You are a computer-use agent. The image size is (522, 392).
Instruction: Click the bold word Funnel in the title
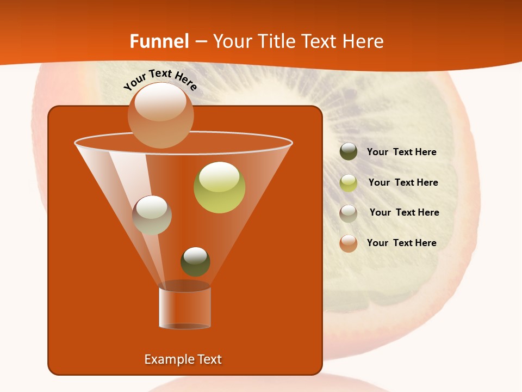click(159, 41)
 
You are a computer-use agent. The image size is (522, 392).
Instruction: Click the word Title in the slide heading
click(275, 41)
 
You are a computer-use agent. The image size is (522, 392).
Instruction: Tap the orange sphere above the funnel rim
click(160, 115)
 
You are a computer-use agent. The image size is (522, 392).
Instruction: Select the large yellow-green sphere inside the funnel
click(219, 187)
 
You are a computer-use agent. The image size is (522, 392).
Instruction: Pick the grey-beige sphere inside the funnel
click(152, 215)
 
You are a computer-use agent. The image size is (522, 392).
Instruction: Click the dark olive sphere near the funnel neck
click(195, 261)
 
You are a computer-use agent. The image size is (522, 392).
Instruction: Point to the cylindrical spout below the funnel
click(184, 308)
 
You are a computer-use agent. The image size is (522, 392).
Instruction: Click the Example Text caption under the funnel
click(183, 359)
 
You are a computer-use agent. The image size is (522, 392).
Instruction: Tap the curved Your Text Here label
click(160, 79)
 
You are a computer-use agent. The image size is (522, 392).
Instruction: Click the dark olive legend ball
click(349, 152)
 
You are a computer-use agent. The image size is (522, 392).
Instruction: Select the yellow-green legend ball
click(349, 183)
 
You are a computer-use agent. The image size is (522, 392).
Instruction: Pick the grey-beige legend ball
click(349, 213)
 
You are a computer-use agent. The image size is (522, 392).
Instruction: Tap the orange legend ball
click(349, 243)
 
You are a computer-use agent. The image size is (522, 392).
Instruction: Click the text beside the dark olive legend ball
click(401, 152)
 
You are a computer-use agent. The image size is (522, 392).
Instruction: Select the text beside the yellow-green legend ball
click(403, 183)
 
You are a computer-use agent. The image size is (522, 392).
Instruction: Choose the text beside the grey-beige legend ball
click(404, 213)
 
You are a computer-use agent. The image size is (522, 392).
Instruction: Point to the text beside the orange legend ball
click(401, 243)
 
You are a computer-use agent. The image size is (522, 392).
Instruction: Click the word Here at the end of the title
click(363, 41)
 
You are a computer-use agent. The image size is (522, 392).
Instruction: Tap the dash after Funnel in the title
click(200, 41)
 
